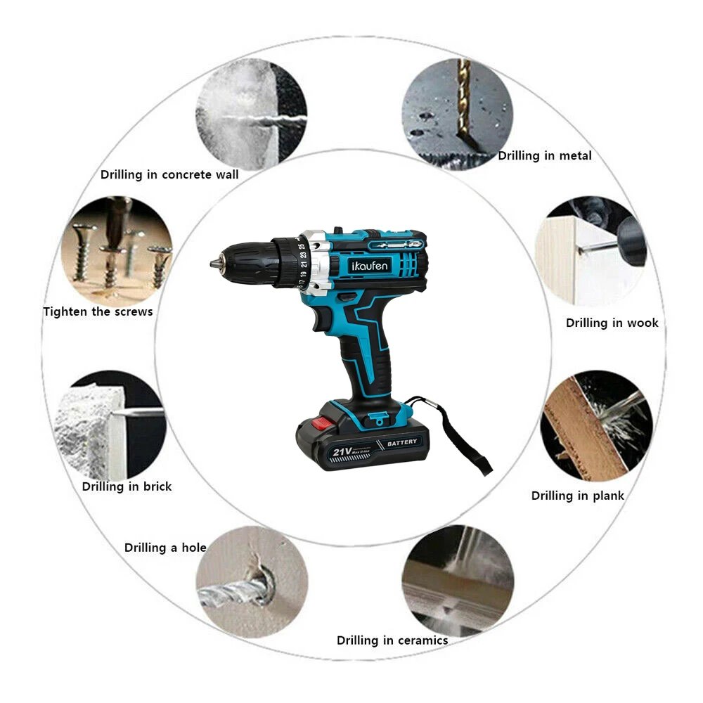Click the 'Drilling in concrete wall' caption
point(169,174)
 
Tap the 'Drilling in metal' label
point(545,156)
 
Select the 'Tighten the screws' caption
point(98,311)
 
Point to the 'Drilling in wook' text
point(612,323)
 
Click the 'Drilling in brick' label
point(127,486)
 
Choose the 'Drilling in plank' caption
point(577,496)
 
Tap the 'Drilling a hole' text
point(165,548)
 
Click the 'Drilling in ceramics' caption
point(392,640)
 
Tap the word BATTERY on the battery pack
point(401,442)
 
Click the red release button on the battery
point(321,423)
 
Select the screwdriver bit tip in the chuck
point(214,264)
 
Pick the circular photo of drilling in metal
point(458,112)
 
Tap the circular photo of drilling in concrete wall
point(251,112)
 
